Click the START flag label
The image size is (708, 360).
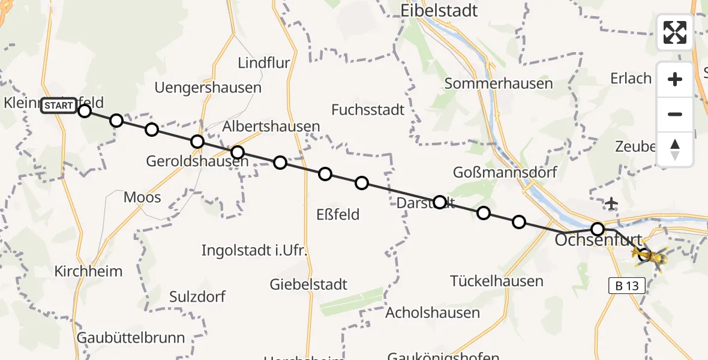click(x=59, y=106)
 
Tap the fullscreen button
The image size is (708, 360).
click(x=675, y=32)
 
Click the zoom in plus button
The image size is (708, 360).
click(x=675, y=79)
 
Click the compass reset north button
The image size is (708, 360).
click(x=675, y=149)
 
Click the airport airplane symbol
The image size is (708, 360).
click(x=611, y=204)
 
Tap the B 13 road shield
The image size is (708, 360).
click(x=626, y=286)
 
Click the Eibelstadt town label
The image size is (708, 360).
click(x=440, y=10)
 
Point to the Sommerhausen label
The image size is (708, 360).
click(x=499, y=83)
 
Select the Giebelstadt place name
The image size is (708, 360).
click(x=309, y=284)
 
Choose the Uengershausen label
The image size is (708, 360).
click(x=208, y=88)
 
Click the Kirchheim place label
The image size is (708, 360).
click(x=88, y=271)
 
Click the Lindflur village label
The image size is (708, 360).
click(x=264, y=63)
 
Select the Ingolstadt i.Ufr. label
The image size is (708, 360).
click(x=254, y=250)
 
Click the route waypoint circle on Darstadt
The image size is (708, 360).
click(x=439, y=202)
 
